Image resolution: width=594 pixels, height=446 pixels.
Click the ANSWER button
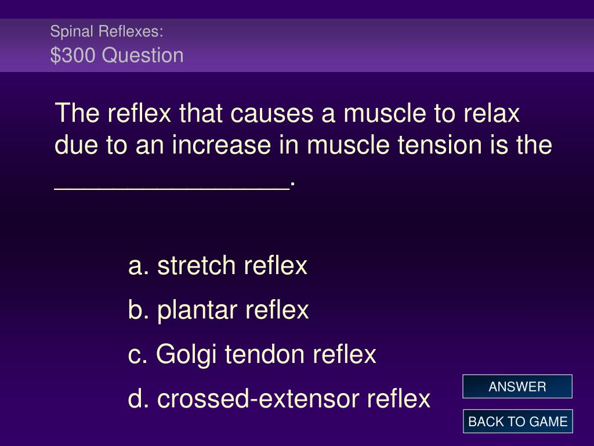click(x=517, y=386)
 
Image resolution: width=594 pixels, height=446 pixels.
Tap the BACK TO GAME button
click(x=517, y=422)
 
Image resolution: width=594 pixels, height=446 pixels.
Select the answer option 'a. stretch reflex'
click(x=218, y=265)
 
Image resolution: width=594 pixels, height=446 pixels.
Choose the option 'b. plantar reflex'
click(x=219, y=310)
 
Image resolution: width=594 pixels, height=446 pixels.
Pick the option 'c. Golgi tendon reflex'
click(x=252, y=355)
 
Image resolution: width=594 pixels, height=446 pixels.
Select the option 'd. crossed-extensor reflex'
click(x=279, y=399)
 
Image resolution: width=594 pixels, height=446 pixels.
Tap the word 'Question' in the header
click(x=143, y=56)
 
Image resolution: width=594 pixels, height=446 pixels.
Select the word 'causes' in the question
click(x=271, y=114)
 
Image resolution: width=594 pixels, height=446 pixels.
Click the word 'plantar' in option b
click(x=197, y=311)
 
